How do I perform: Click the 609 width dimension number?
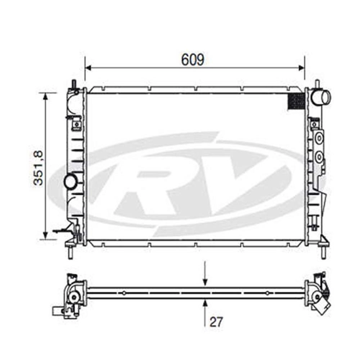[x=193, y=60]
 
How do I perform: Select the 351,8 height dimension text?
[x=38, y=168]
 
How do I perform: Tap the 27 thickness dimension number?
[x=216, y=322]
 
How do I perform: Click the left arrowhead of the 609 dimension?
[x=89, y=68]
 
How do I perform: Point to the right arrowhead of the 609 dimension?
[x=301, y=68]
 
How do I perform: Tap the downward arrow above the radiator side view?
[x=205, y=274]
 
